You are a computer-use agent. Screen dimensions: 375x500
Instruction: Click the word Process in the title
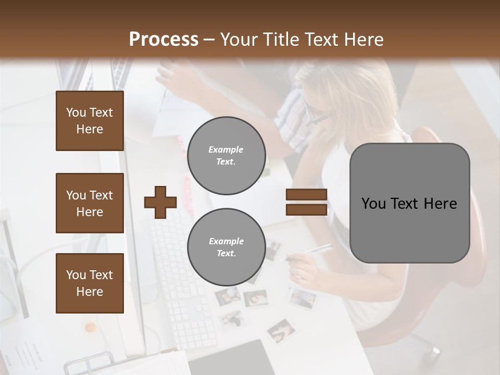[x=164, y=40]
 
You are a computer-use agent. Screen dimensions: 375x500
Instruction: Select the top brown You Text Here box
[x=90, y=121]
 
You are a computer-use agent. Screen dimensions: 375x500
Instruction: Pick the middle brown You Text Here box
[x=90, y=203]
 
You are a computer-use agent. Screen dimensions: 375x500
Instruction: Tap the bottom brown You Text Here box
[x=90, y=283]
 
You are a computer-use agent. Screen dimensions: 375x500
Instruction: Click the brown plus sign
[x=160, y=202]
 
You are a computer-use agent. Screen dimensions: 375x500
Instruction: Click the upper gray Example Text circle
[x=226, y=156]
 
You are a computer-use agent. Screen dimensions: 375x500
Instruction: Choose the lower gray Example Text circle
[x=226, y=247]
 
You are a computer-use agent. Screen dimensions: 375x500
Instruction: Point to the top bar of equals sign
[x=306, y=195]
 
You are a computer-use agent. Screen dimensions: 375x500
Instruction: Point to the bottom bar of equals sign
[x=306, y=209]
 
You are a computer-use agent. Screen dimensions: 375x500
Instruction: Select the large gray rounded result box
[x=409, y=203]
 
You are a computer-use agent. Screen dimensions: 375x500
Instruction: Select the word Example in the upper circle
[x=226, y=150]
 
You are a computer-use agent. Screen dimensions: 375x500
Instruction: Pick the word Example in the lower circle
[x=226, y=241]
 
